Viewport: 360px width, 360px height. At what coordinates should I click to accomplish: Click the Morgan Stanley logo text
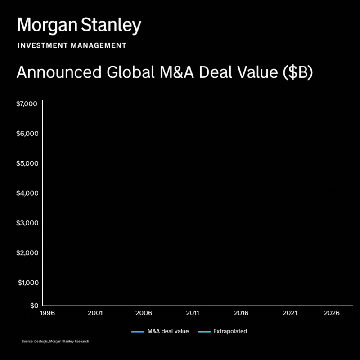tap(79, 26)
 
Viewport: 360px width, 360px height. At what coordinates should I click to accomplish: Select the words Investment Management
tap(72, 46)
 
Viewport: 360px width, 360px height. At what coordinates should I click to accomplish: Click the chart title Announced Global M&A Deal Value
tap(164, 73)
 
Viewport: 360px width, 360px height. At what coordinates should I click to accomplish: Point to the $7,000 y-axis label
tap(27, 104)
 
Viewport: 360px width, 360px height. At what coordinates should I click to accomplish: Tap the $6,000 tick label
tap(27, 134)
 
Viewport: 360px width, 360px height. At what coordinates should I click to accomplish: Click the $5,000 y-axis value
tap(27, 163)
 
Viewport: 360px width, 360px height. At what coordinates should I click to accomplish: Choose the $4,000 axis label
tap(27, 193)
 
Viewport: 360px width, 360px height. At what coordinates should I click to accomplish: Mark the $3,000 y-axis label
tap(27, 223)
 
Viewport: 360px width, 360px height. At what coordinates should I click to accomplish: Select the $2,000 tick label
tap(27, 252)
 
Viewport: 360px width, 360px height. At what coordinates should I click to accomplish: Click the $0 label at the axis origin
tap(34, 306)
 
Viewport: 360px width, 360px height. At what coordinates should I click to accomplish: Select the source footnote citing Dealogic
tap(55, 342)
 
